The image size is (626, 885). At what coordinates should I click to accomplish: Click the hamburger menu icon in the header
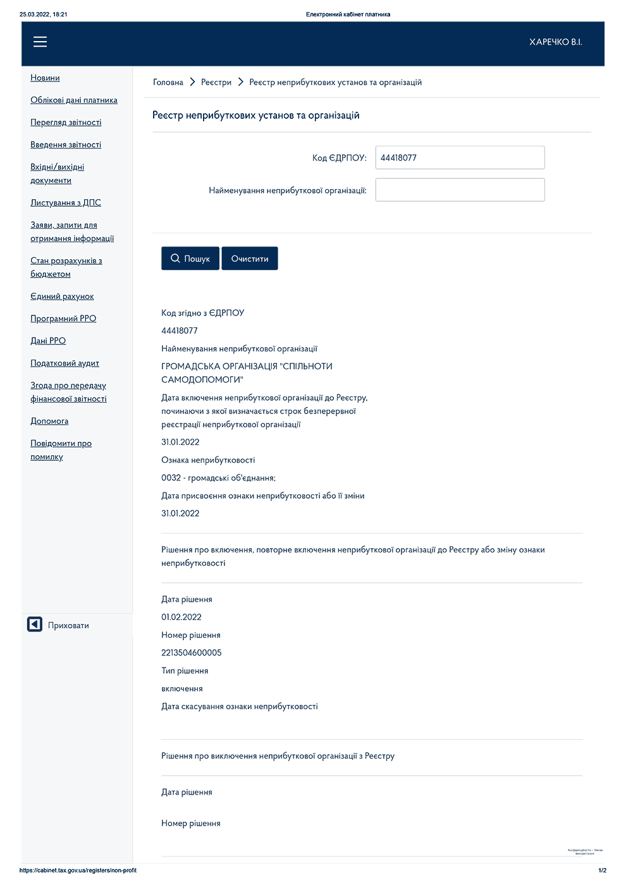click(x=40, y=42)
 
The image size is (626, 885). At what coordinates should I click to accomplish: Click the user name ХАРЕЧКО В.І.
click(x=555, y=42)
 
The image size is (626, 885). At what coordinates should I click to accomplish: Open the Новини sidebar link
click(x=45, y=78)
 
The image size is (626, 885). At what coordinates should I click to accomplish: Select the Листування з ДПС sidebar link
click(x=66, y=203)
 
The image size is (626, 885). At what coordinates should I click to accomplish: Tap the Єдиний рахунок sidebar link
click(x=62, y=296)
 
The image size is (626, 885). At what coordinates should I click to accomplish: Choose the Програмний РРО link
click(x=63, y=319)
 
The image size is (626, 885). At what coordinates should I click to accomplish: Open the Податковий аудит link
click(x=64, y=363)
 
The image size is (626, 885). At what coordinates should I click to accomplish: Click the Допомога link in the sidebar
click(x=49, y=421)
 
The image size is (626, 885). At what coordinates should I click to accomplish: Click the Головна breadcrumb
click(x=168, y=82)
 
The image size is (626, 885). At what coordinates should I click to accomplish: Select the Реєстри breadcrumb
click(x=216, y=82)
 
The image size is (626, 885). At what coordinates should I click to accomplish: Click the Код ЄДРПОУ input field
click(x=460, y=157)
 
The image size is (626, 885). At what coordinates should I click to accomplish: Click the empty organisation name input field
click(x=460, y=190)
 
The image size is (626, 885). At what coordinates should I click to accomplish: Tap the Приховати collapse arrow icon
click(x=35, y=625)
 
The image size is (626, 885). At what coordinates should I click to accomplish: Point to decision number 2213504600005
click(x=191, y=653)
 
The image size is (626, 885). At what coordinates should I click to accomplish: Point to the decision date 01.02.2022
click(x=181, y=617)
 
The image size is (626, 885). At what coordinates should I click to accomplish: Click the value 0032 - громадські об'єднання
click(x=218, y=478)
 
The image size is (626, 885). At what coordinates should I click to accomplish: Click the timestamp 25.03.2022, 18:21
click(x=43, y=14)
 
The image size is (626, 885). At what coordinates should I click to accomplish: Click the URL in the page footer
click(x=78, y=870)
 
